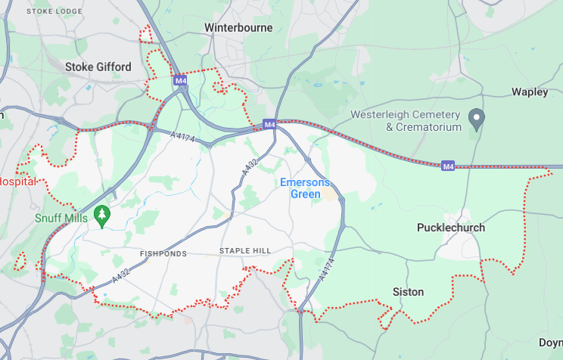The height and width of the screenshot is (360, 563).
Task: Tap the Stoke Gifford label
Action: pos(98,67)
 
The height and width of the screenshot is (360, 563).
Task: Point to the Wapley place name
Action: pos(530,92)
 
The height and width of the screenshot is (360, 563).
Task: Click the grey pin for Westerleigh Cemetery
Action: pos(476,118)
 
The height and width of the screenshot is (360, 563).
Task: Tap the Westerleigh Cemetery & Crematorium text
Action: pos(406,121)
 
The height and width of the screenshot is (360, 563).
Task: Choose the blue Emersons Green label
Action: pos(305,188)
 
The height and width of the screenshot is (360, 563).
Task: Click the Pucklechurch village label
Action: pos(451,228)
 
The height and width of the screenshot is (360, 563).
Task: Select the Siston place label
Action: pos(408,291)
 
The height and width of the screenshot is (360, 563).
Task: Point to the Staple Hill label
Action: pos(244,251)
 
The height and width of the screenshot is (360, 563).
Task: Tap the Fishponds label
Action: pos(163,253)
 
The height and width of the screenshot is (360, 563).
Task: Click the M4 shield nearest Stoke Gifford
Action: pos(180,79)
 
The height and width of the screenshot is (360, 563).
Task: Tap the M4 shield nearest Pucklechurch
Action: pos(448,166)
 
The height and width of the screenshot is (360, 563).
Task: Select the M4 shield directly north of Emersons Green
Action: pos(269,124)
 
